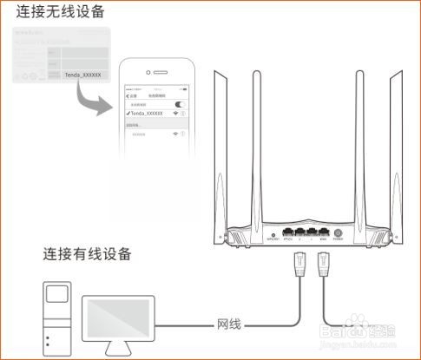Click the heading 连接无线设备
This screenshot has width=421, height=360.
57,12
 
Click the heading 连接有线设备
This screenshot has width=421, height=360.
88,254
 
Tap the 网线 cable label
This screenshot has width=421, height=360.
229,324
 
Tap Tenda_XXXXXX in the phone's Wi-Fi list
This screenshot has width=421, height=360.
146,113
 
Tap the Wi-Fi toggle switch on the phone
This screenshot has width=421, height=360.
180,104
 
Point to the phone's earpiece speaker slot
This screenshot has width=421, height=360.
156,72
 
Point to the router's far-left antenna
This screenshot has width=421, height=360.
210,139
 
